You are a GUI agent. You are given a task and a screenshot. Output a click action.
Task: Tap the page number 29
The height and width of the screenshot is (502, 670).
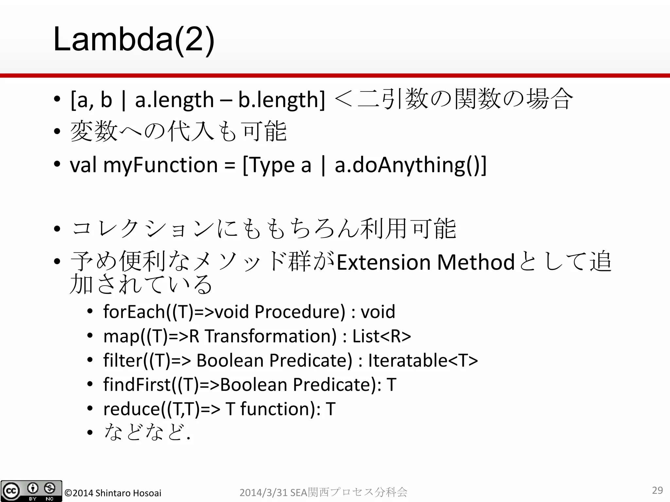coord(657,490)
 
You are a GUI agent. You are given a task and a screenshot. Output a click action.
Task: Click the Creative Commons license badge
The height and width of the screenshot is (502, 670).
coord(31,491)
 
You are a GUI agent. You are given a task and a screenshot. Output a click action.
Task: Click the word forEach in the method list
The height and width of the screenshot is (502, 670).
coord(134,311)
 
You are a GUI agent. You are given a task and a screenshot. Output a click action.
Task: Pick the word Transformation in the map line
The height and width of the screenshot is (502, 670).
coord(270,336)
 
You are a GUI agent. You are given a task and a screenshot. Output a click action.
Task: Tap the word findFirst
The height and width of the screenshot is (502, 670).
coord(137,384)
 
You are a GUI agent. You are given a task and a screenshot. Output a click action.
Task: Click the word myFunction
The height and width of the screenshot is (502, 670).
coord(160,165)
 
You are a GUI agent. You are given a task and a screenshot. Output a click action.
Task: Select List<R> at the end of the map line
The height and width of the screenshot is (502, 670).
coord(381,336)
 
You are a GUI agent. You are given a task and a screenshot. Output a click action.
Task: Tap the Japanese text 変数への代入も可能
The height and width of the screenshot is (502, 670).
coord(178,131)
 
